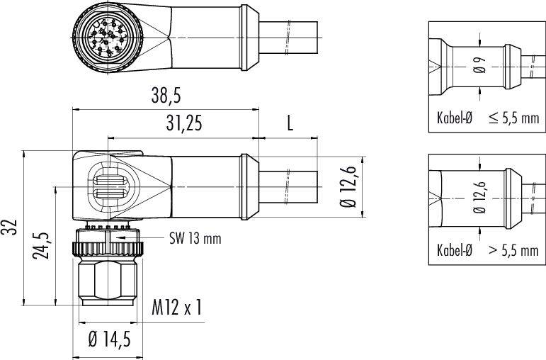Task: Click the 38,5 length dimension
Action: coord(166,95)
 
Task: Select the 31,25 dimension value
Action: coord(184,123)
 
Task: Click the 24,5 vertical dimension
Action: coord(42,246)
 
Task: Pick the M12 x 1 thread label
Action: coord(176,308)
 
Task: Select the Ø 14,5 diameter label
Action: coord(109,339)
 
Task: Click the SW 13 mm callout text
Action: coord(195,239)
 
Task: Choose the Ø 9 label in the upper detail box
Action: coord(480,64)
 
